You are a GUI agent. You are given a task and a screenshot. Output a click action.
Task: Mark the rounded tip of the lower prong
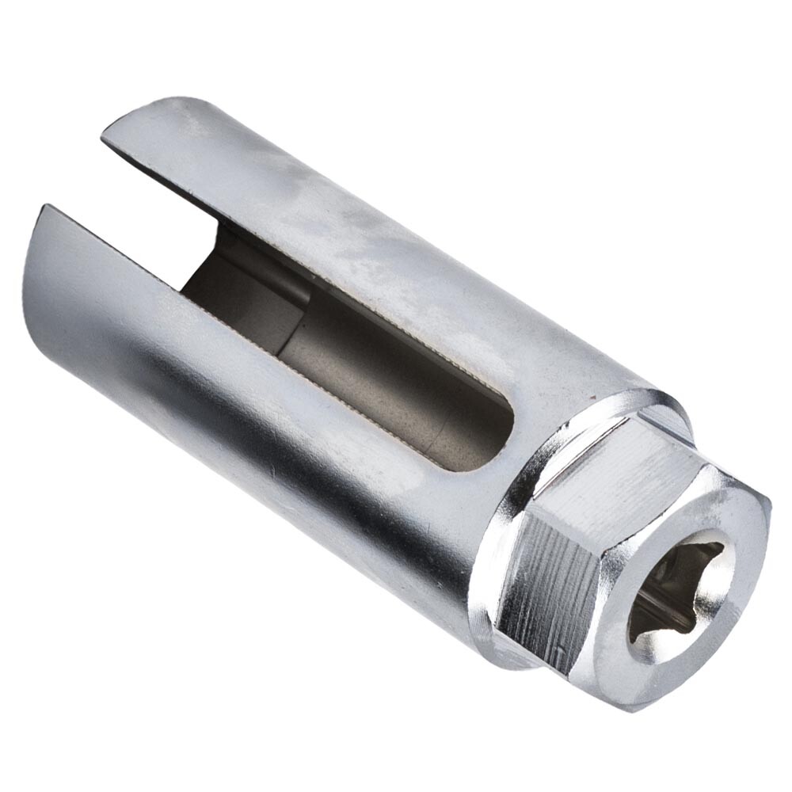(40, 238)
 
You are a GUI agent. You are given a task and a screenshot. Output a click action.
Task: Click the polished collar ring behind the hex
(507, 507)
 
